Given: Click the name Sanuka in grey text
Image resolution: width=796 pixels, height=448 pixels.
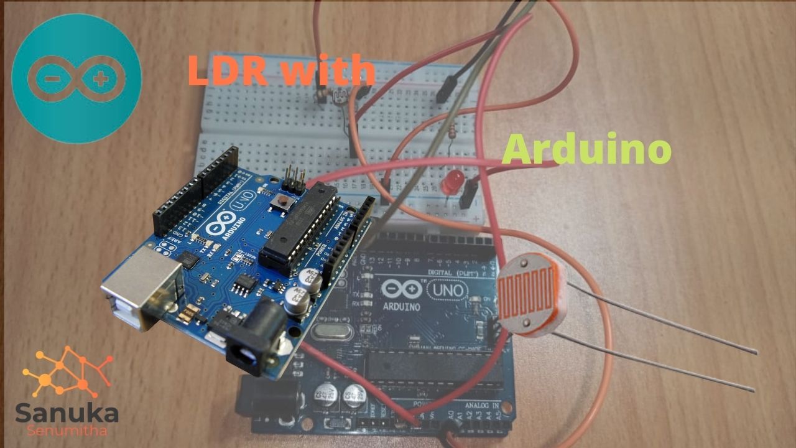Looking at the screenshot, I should click(67, 413).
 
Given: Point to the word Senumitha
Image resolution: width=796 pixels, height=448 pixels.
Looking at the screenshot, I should click(66, 431).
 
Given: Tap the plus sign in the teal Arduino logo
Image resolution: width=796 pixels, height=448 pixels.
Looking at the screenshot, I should click(99, 79).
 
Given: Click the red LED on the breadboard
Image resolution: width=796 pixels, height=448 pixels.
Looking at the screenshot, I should click(448, 183).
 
